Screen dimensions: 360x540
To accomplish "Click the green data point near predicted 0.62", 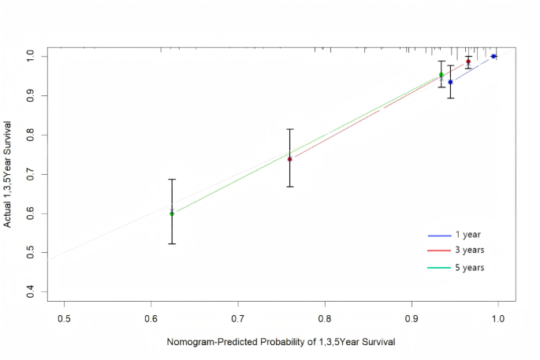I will [x=172, y=213].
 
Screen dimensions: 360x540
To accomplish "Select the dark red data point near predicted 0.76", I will [x=290, y=159].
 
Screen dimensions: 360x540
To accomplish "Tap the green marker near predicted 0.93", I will [x=441, y=75].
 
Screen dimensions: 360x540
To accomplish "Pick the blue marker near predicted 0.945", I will [x=450, y=82].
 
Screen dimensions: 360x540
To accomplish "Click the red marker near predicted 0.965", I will [x=468, y=61].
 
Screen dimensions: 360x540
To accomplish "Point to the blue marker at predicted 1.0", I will [x=493, y=56].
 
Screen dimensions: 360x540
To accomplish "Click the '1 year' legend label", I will [x=467, y=235].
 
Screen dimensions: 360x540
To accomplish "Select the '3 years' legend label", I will [x=469, y=250].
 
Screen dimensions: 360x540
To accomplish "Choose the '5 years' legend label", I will [x=469, y=268].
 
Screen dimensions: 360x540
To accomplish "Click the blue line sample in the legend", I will [x=438, y=236].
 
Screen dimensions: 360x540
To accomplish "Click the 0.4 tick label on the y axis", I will [x=29, y=292].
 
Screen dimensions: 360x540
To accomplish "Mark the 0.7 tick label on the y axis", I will [x=29, y=174].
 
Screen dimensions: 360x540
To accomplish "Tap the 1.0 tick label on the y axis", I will [x=29, y=56].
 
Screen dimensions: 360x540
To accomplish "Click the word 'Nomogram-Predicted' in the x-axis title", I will [x=209, y=343].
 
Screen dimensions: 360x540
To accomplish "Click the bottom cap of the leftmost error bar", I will [x=172, y=243].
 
